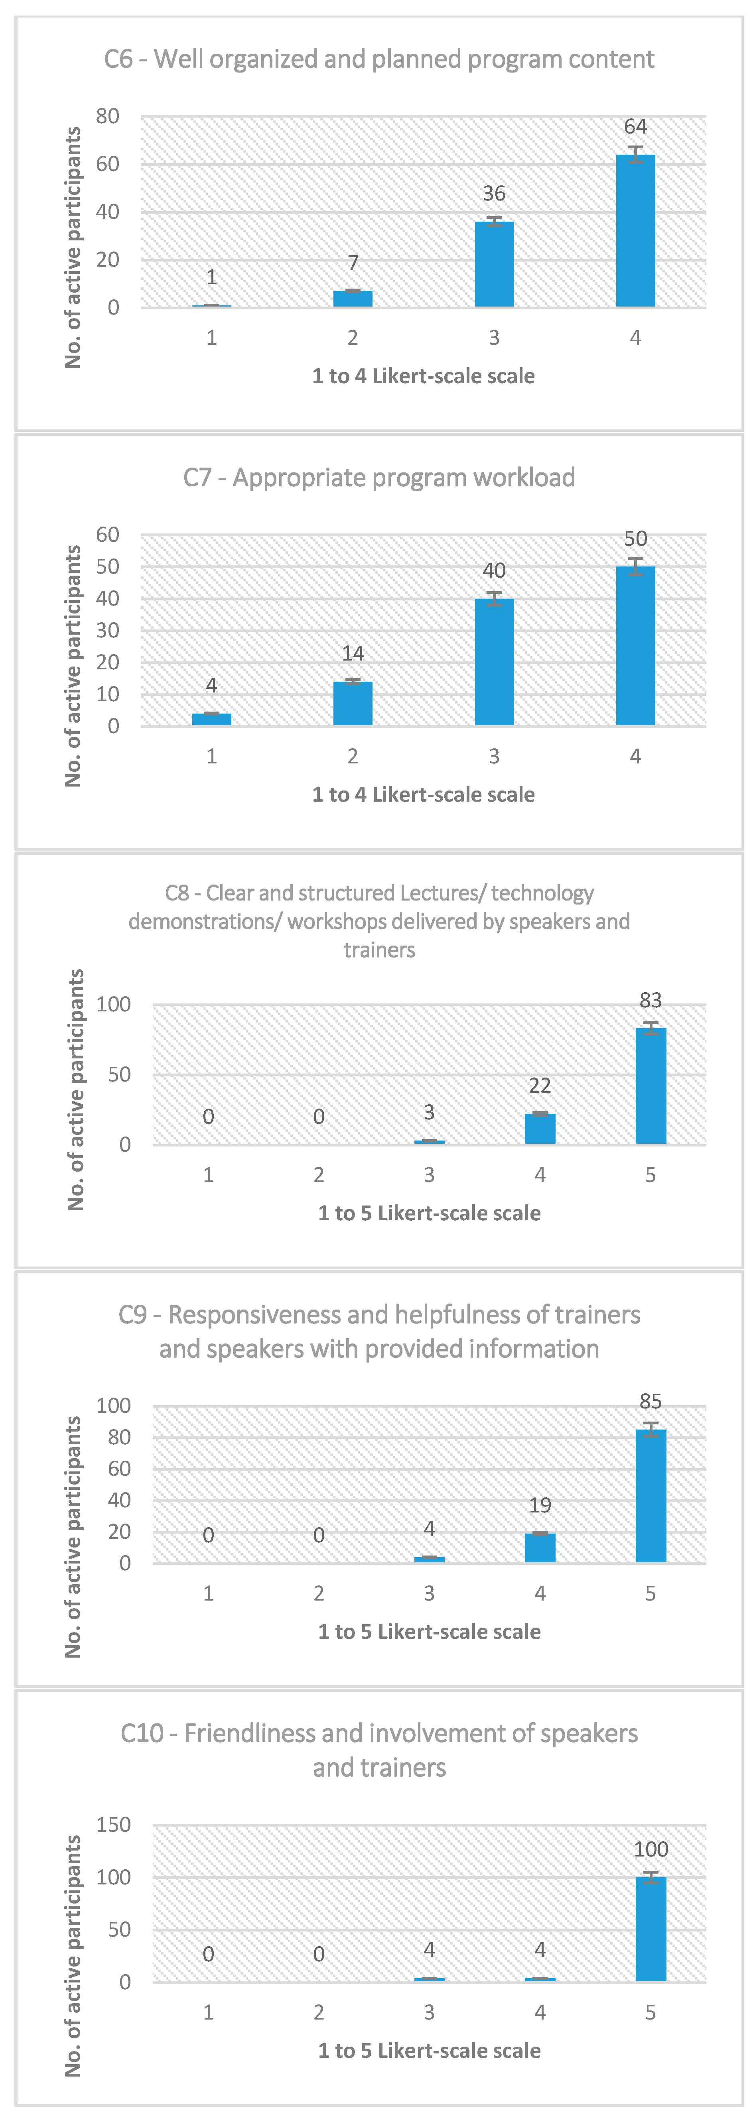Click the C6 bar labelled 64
635,231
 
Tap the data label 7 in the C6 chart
353,263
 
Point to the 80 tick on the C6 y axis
108,116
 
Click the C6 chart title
379,59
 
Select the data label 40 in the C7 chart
494,570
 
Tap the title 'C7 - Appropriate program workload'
379,478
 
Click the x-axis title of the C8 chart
429,1213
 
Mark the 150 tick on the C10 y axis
114,1825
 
